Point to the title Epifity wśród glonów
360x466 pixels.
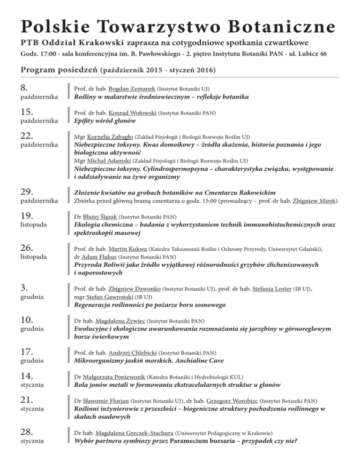click(105, 121)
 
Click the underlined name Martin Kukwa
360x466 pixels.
click(125, 250)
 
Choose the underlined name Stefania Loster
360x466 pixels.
click(271, 289)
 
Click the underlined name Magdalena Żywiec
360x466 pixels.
click(120, 322)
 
